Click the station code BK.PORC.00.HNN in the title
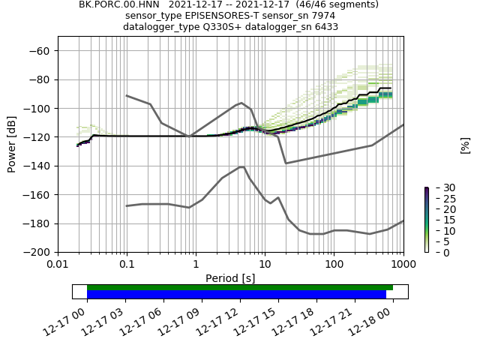[114, 4]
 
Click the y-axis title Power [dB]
[12, 144]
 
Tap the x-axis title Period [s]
[230, 278]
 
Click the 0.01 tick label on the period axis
[58, 265]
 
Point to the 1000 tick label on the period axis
[403, 265]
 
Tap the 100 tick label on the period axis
[334, 265]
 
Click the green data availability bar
[240, 287]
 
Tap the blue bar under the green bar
[236, 295]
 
